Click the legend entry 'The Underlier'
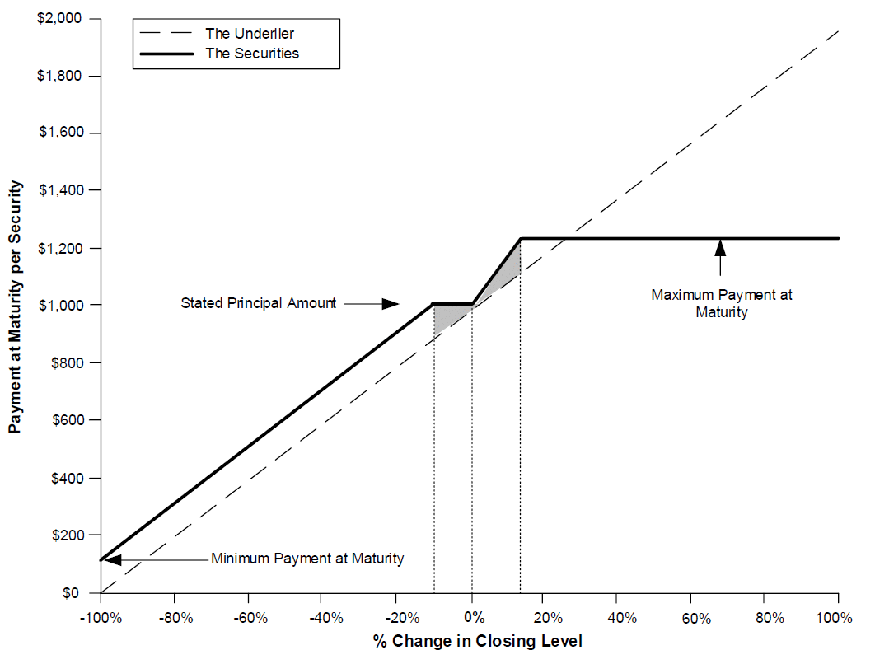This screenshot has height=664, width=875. click(250, 34)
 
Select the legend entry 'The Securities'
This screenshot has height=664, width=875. click(252, 54)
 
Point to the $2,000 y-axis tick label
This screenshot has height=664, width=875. click(59, 18)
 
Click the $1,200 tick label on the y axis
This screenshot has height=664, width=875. click(60, 248)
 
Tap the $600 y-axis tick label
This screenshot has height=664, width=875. click(68, 419)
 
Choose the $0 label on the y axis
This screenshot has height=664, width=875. click(71, 592)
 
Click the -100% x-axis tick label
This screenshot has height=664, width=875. click(101, 618)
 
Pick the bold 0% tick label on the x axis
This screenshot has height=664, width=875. click(475, 617)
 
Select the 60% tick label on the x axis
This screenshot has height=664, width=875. click(696, 618)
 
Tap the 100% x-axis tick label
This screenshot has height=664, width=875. click(835, 618)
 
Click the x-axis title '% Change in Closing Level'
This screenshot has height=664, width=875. click(478, 642)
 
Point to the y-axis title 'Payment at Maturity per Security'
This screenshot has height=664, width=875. click(15, 306)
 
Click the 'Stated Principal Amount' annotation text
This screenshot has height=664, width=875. click(259, 303)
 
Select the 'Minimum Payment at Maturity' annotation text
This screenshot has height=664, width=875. click(307, 559)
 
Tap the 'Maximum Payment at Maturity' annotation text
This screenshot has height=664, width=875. click(722, 303)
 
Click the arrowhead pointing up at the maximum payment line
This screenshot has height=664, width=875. click(720, 247)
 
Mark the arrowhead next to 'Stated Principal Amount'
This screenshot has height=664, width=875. click(390, 304)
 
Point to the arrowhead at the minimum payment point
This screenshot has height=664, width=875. click(113, 559)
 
